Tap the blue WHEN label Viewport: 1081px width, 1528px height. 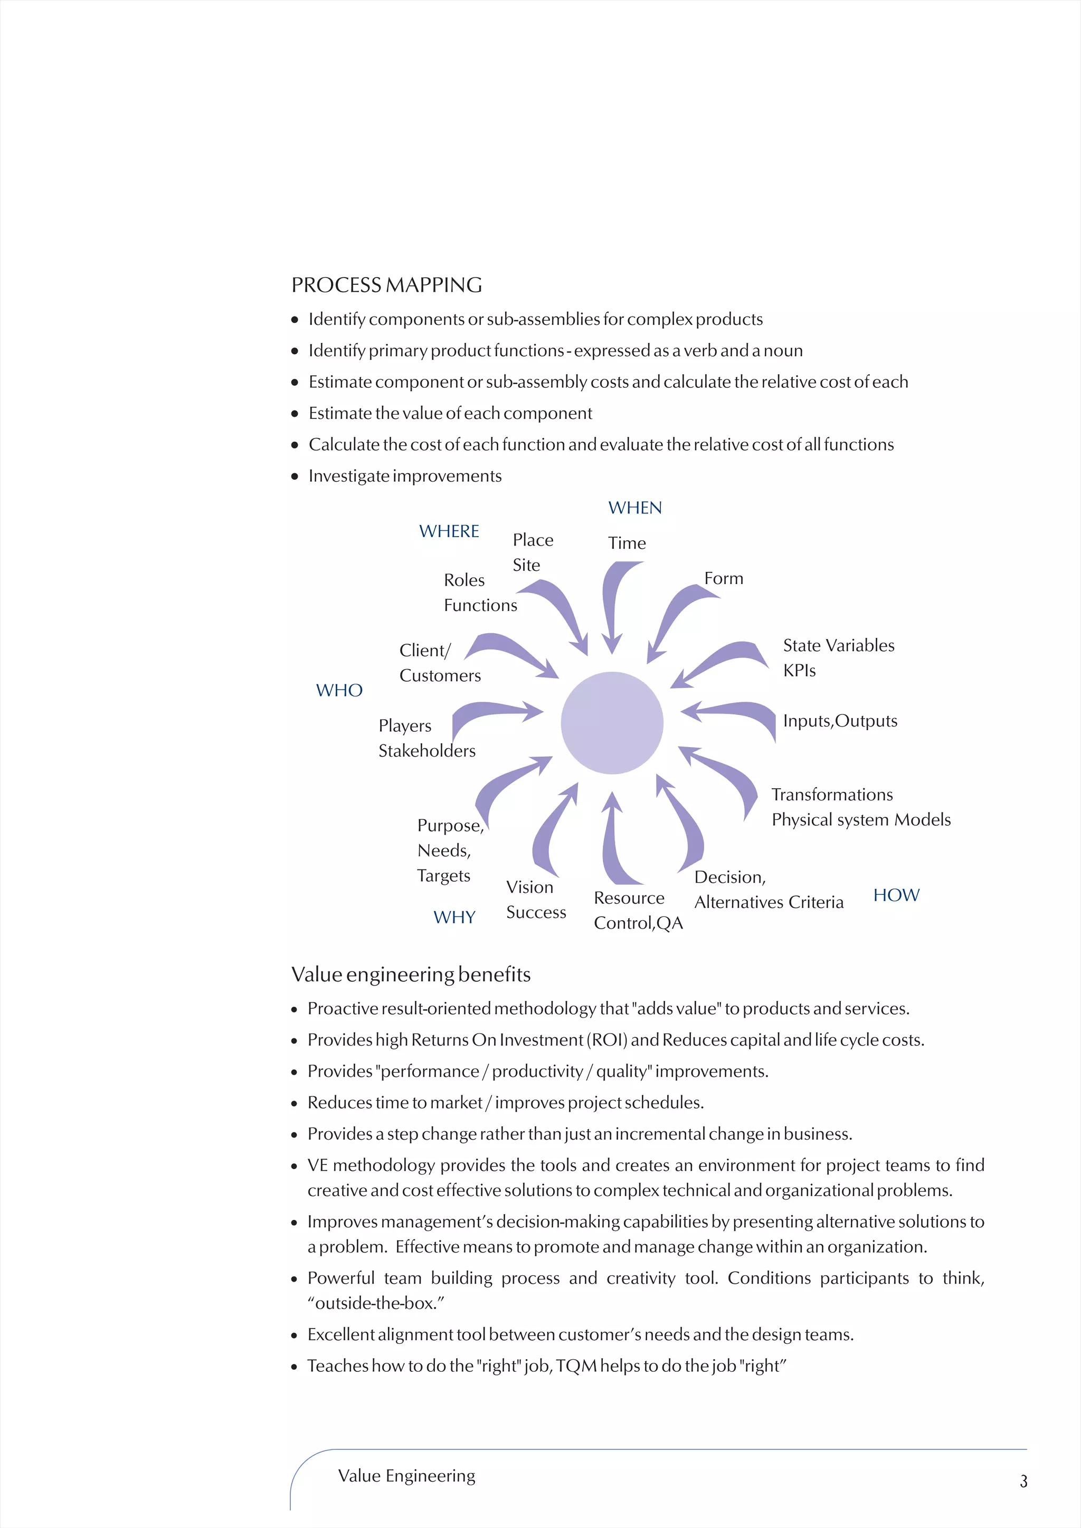[x=635, y=508]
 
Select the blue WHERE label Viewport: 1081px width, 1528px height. [x=449, y=531]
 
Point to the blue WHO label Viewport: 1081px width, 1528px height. [x=339, y=690]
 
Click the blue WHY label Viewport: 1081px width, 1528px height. [x=454, y=917]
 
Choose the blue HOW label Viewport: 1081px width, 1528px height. [x=896, y=895]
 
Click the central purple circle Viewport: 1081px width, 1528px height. [x=612, y=723]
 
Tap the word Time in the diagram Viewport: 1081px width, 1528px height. [x=627, y=543]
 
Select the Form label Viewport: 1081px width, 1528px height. [x=724, y=578]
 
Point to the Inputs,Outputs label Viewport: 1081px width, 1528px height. [x=839, y=721]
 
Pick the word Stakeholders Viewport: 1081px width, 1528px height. [x=426, y=751]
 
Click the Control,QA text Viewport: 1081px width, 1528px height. [x=638, y=923]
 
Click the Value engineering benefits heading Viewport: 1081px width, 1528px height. [x=411, y=975]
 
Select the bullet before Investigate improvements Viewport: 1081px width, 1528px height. [x=295, y=476]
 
